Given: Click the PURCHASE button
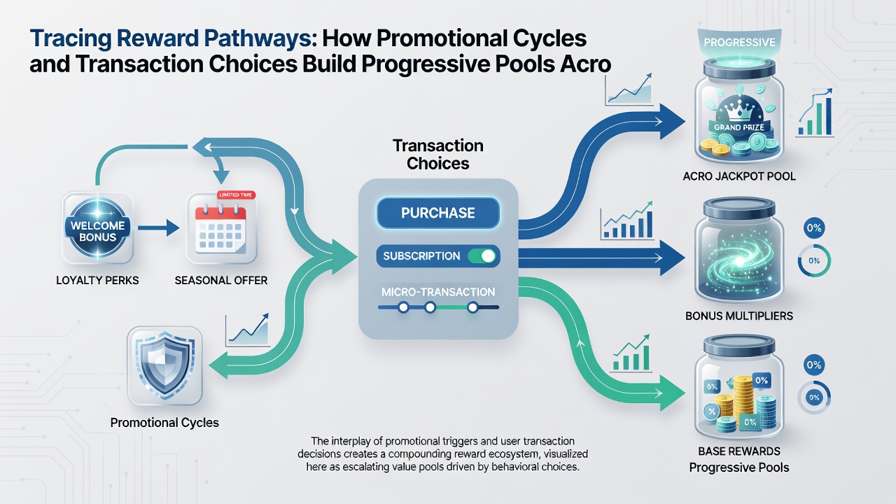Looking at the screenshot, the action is click(x=438, y=213).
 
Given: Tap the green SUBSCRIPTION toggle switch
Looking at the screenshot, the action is click(x=482, y=256).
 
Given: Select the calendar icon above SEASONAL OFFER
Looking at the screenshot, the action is click(x=220, y=227).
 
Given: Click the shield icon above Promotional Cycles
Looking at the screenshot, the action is click(x=164, y=365).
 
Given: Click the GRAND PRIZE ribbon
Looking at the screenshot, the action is click(x=738, y=127).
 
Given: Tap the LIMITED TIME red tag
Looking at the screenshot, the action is click(x=235, y=195).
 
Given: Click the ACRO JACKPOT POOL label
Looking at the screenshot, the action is click(x=739, y=176).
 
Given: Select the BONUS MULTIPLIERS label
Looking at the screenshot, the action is click(x=739, y=316).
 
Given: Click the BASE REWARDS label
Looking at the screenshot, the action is click(x=739, y=451).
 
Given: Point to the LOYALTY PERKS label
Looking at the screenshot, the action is click(x=97, y=281).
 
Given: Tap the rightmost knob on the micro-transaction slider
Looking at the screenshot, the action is click(x=472, y=307).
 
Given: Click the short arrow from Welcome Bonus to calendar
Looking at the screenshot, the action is click(x=158, y=228).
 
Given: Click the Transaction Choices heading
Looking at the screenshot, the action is click(x=438, y=155).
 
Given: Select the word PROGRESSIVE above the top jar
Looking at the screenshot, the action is click(x=739, y=43).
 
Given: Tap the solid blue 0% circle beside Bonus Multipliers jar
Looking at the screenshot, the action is click(x=814, y=228).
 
